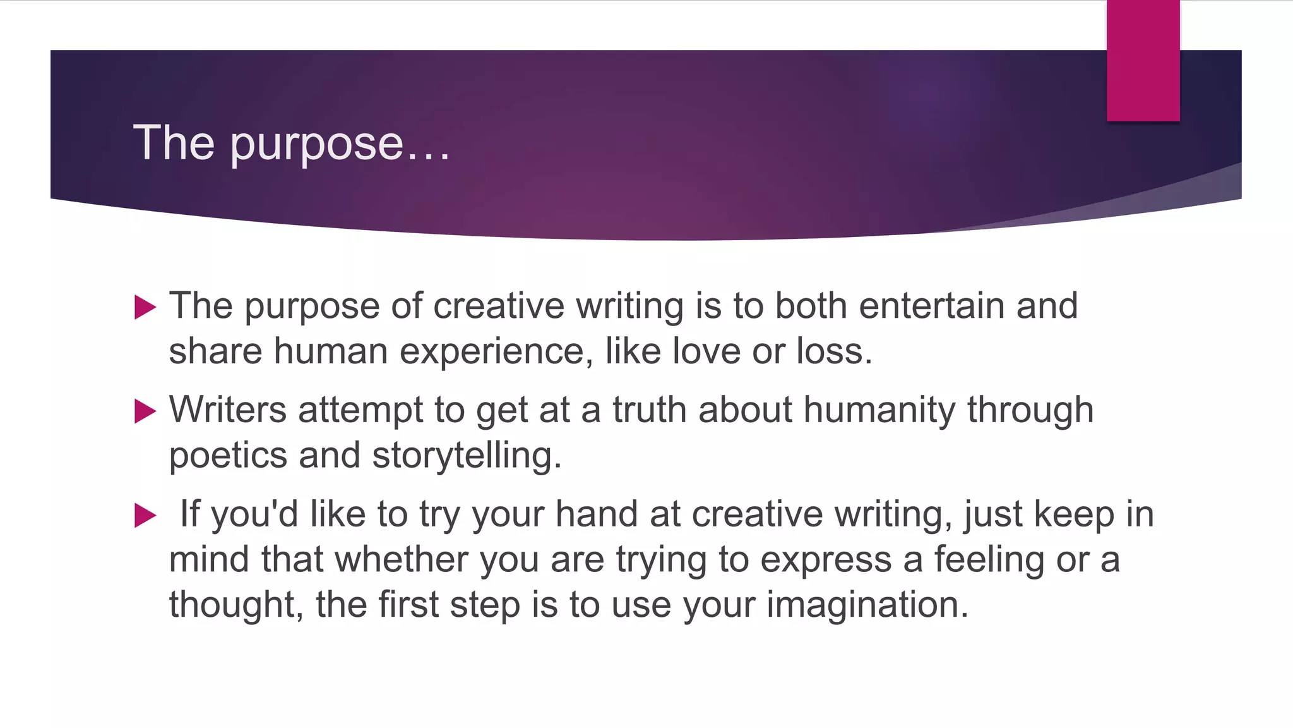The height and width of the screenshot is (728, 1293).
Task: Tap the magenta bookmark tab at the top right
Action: (x=1143, y=61)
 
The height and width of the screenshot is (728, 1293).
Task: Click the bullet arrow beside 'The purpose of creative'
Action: (x=145, y=308)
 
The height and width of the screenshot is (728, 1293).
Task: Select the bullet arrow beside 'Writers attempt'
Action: (x=145, y=411)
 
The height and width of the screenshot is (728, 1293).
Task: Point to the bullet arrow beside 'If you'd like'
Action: (x=145, y=516)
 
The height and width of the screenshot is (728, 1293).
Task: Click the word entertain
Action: (x=931, y=306)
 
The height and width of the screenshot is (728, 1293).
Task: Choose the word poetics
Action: (x=228, y=456)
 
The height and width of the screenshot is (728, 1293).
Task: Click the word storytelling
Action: (x=466, y=456)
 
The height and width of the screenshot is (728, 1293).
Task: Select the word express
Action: (x=826, y=561)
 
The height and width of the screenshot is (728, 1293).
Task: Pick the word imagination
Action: (x=867, y=605)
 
